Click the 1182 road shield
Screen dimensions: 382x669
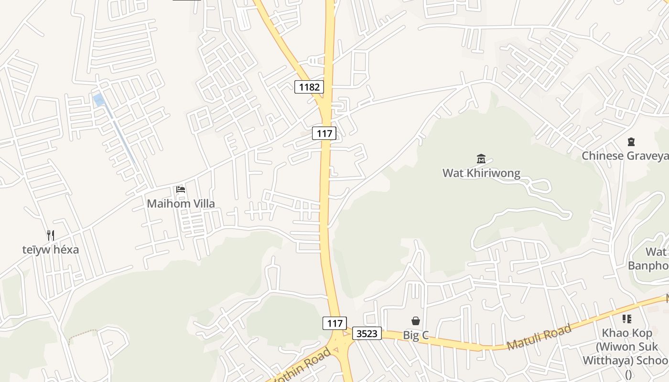coord(309,87)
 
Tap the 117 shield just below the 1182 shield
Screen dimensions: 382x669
coord(324,133)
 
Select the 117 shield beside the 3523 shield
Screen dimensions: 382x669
coord(334,323)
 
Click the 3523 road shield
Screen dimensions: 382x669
coord(367,333)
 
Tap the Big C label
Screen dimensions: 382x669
coord(416,335)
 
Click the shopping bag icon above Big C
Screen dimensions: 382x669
coord(416,321)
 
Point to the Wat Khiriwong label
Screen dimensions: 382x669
coord(481,173)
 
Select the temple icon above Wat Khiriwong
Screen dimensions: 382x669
coord(481,159)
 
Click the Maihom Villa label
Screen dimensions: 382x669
coord(181,203)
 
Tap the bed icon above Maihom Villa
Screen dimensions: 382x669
coord(181,190)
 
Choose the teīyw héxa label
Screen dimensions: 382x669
coord(51,249)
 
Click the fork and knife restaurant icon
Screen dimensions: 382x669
coord(51,235)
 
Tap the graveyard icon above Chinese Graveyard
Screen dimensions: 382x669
coord(631,142)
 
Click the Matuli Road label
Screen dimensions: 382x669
coord(539,337)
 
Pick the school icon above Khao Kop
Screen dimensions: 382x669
coord(627,319)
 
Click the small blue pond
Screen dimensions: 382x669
coord(99,100)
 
